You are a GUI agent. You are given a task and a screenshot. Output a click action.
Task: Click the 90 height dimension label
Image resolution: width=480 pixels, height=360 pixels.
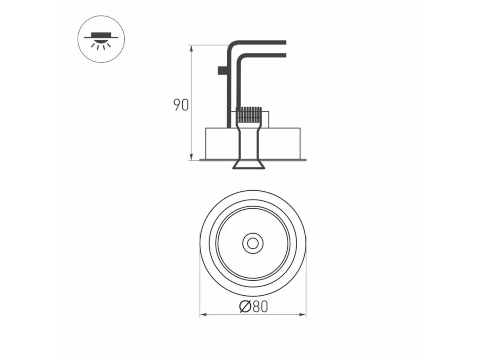click(181, 105)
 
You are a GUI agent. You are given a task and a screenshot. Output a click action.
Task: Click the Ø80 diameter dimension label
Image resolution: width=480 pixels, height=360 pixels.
click(254, 307)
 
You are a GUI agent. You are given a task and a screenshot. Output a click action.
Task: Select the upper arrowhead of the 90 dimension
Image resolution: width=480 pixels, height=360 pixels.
click(192, 48)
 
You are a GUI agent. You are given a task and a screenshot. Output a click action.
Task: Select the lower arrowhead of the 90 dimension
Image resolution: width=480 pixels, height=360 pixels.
click(192, 157)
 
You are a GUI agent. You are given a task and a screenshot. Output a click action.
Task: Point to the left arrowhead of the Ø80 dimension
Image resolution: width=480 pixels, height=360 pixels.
click(203, 315)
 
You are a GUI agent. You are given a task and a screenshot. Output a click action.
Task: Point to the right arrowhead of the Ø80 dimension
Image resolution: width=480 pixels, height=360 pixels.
click(302, 315)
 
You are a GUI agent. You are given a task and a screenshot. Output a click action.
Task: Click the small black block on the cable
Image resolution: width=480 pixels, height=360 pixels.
click(223, 70)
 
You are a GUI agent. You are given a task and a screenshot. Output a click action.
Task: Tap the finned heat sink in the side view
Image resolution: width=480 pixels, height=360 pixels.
click(249, 114)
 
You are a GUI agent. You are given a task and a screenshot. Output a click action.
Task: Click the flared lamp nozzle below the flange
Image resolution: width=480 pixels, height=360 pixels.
click(249, 164)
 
